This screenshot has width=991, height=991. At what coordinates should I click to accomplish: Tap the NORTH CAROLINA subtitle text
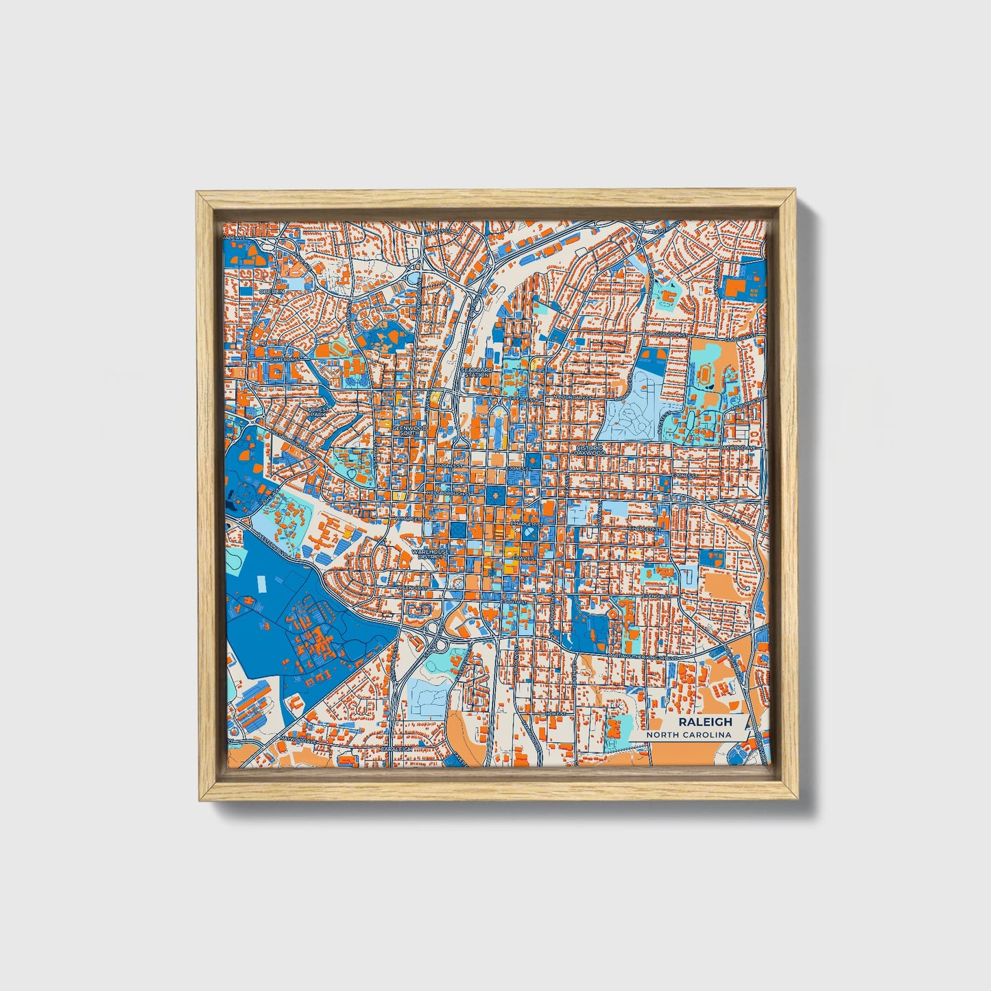pyautogui.click(x=693, y=735)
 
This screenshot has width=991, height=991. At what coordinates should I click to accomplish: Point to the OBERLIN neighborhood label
pyautogui.click(x=271, y=291)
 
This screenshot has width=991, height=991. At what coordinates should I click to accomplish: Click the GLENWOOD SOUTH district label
pyautogui.click(x=409, y=430)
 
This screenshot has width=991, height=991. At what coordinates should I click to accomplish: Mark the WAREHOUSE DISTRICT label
pyautogui.click(x=431, y=553)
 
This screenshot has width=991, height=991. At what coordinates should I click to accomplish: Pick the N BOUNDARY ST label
pyautogui.click(x=573, y=397)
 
